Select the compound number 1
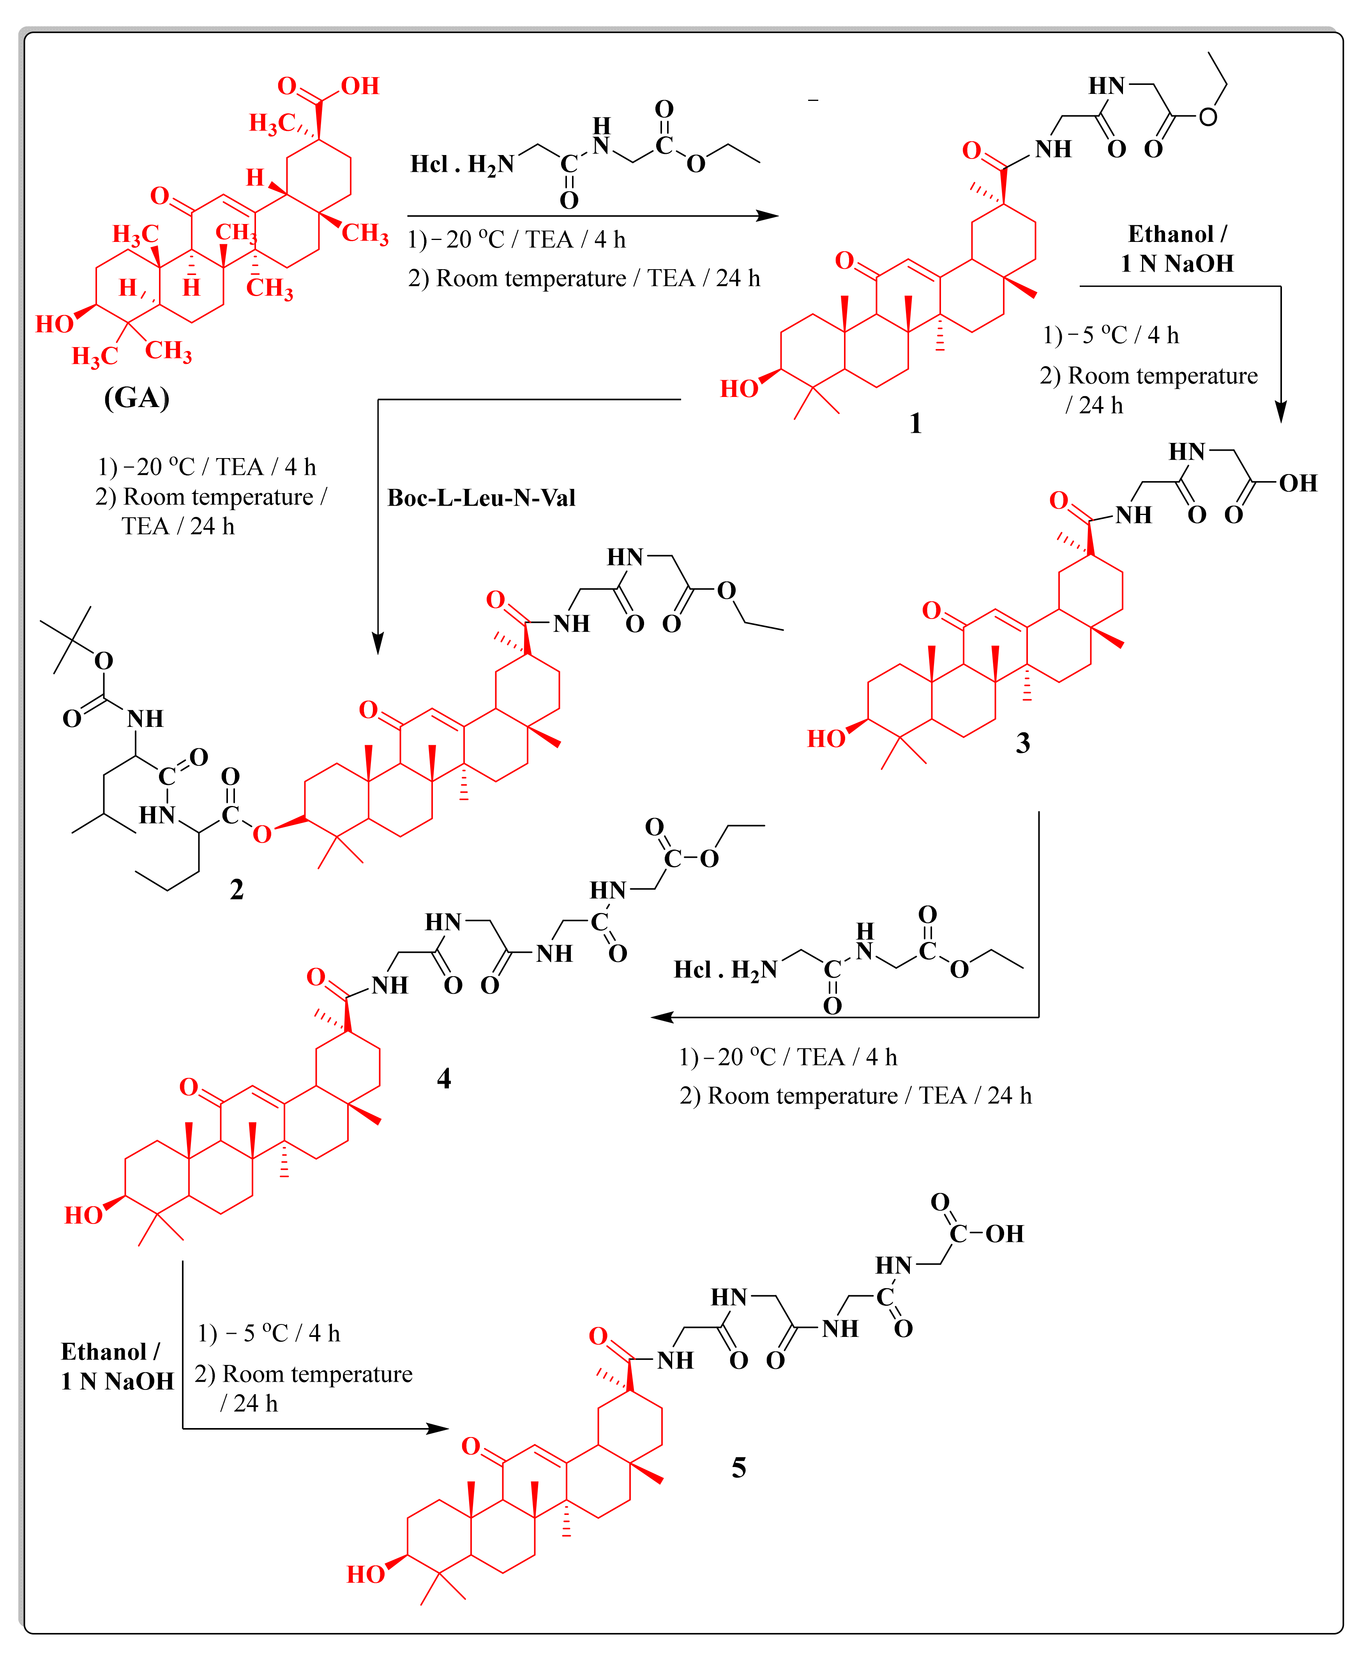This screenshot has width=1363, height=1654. pos(915,424)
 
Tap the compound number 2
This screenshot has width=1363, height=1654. pos(237,889)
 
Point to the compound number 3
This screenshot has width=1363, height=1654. pos(1022,742)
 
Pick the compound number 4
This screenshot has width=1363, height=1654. pos(443,1079)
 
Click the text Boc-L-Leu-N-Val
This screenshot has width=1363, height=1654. pos(481,498)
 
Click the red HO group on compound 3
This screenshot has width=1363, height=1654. pos(826,739)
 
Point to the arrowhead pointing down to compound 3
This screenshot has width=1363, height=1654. pos(1280,412)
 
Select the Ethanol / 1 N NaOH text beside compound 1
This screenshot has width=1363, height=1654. pos(1177,249)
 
